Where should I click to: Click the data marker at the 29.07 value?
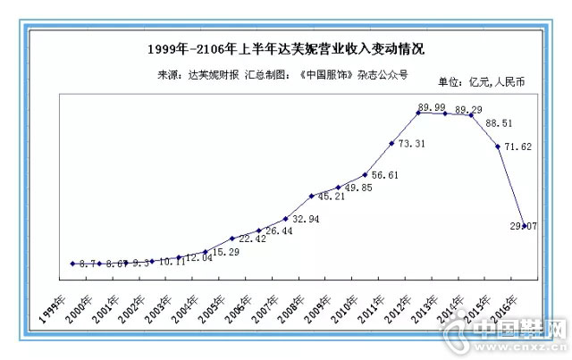524,227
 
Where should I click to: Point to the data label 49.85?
358,188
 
